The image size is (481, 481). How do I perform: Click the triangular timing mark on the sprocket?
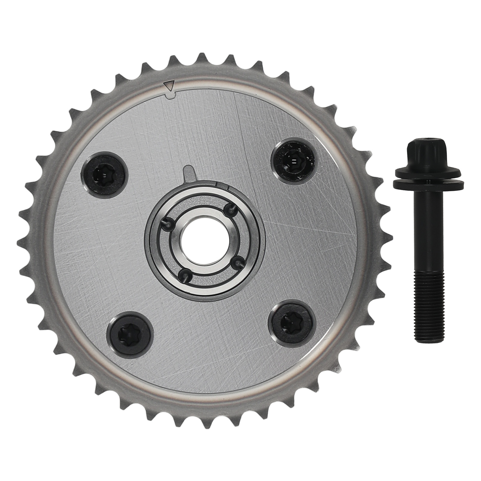pyautogui.click(x=170, y=87)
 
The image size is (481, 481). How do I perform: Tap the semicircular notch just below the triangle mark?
pyautogui.click(x=170, y=96)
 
